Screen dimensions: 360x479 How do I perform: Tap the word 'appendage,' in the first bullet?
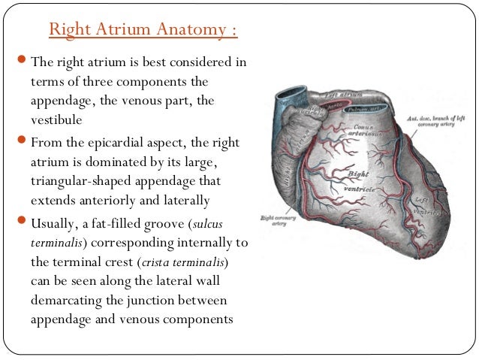coord(65,101)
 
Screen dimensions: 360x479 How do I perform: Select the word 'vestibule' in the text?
coord(56,120)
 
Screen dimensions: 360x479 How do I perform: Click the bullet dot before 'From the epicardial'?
coord(21,141)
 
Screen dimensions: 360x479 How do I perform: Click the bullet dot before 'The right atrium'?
coord(21,62)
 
